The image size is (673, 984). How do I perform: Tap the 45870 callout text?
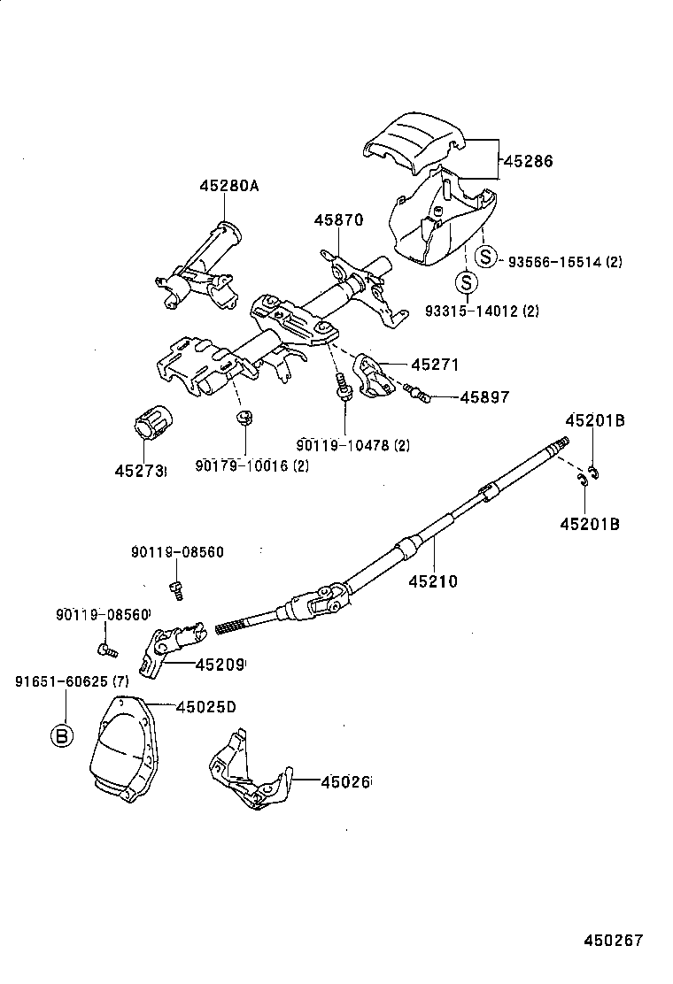(x=336, y=220)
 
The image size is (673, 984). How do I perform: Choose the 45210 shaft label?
(x=433, y=581)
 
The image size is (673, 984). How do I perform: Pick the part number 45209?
(x=220, y=664)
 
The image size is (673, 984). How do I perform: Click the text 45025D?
(x=205, y=706)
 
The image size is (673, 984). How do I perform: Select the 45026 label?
(x=345, y=781)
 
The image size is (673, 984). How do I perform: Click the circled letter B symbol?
(x=61, y=735)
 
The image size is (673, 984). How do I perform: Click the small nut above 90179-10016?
(x=244, y=417)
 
